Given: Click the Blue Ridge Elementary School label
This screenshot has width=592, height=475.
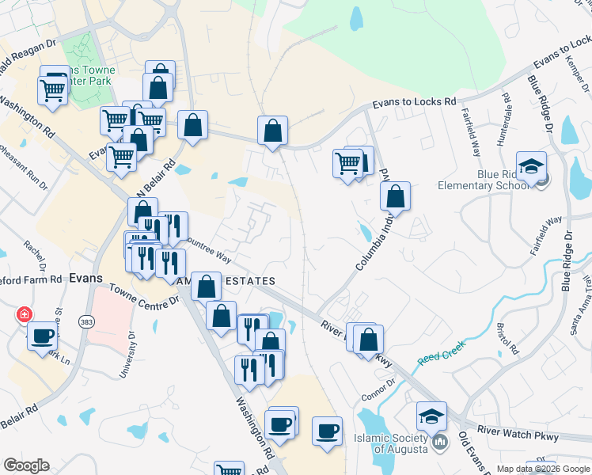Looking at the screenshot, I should point(483,180).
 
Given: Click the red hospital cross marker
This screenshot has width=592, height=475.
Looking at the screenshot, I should point(25,314).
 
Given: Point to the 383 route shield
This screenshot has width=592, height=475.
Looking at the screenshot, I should point(86,321).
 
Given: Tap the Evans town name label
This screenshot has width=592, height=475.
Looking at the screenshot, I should point(86,278).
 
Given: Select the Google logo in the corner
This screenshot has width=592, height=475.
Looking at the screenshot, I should point(26,465).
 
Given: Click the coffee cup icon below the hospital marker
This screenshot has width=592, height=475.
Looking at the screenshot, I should point(42,336).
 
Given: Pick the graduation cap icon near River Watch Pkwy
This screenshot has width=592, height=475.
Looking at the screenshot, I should point(431,416).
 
